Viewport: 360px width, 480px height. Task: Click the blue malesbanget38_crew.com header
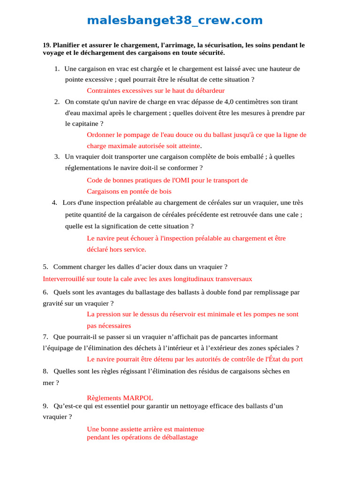[x=175, y=21]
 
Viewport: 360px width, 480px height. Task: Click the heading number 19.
[x=46, y=45]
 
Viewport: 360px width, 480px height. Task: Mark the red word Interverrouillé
[x=66, y=279]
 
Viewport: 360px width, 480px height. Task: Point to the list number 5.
[x=45, y=267]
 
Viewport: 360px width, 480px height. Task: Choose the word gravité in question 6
[x=53, y=303]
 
